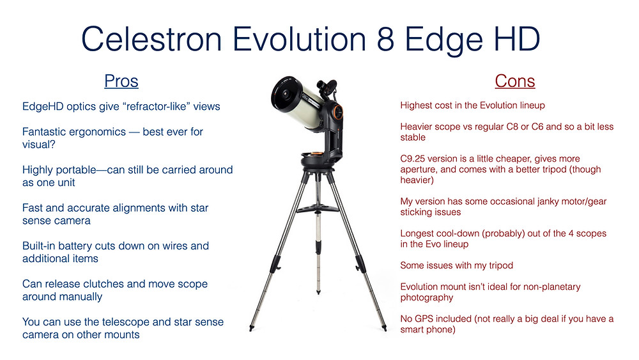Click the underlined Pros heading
tap(121, 81)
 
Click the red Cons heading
tap(514, 81)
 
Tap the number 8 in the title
tap(385, 39)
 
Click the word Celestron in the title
tap(151, 39)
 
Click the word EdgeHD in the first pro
tap(43, 107)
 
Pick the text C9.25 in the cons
tap(412, 159)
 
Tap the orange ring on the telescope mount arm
tap(337, 112)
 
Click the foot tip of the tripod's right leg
tap(384, 328)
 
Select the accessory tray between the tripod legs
tap(317, 209)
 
